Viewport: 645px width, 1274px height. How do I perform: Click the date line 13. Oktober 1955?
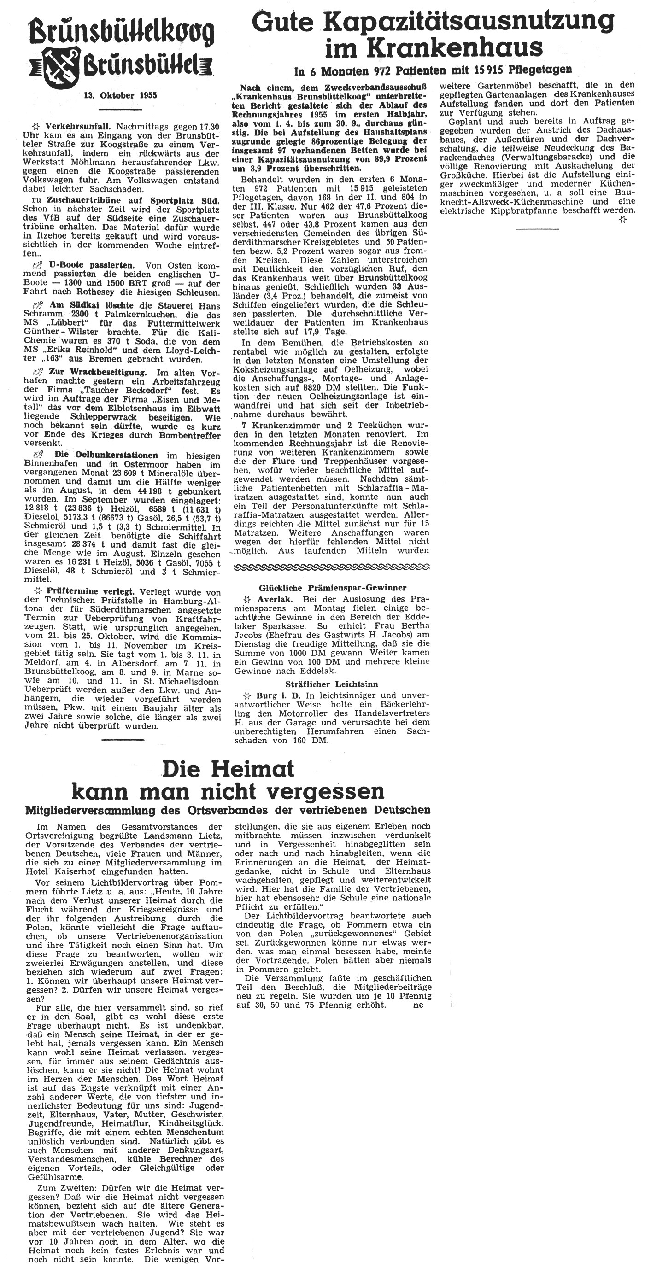coord(121,95)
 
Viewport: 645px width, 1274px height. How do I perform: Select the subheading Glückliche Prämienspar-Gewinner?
coord(332,588)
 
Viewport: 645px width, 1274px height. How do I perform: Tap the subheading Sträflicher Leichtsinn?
coord(332,684)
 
